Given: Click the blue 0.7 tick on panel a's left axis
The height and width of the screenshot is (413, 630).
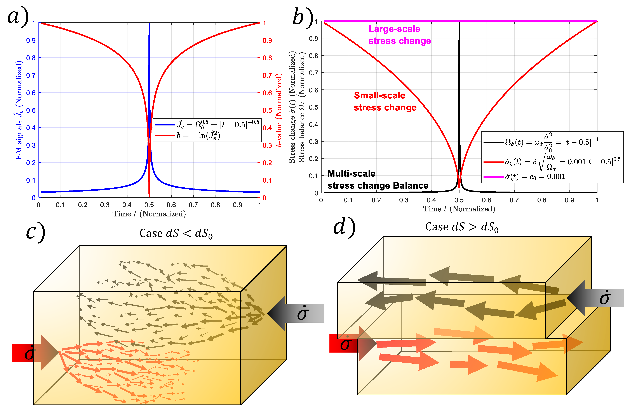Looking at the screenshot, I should (31, 75).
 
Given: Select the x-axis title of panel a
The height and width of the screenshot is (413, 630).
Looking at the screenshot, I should (149, 214).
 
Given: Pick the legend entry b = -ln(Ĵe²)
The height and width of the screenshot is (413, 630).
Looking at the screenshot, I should (198, 136).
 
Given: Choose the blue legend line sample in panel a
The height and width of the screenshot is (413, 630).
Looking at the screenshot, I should (165, 125).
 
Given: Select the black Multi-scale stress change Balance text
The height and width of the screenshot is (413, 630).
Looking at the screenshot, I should (378, 180).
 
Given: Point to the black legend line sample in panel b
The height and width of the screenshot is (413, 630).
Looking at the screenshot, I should (493, 142).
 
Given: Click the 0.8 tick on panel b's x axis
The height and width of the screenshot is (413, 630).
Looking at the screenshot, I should (542, 200).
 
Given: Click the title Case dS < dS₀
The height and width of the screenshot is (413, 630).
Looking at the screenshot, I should (176, 233).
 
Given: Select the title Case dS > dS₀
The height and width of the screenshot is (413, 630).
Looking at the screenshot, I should (462, 227).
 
